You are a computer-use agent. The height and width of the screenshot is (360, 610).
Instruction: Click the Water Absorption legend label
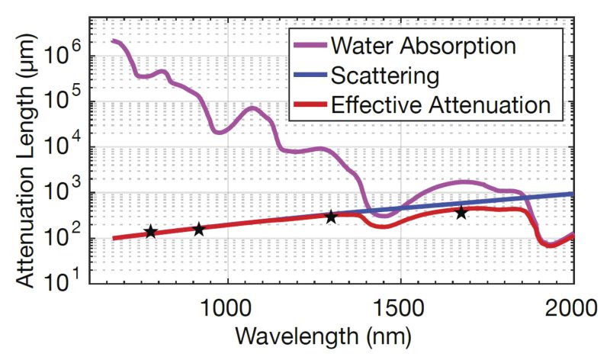click(x=423, y=46)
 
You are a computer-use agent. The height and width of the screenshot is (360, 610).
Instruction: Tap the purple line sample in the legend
click(x=309, y=46)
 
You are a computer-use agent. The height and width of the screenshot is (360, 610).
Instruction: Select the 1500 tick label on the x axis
click(x=400, y=307)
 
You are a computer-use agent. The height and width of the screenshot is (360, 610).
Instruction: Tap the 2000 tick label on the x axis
click(x=573, y=307)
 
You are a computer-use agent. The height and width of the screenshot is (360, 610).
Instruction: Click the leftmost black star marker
click(x=150, y=231)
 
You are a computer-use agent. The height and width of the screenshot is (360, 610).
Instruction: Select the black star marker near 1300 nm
click(x=331, y=217)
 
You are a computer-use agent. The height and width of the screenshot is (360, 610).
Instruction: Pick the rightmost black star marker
click(x=461, y=213)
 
